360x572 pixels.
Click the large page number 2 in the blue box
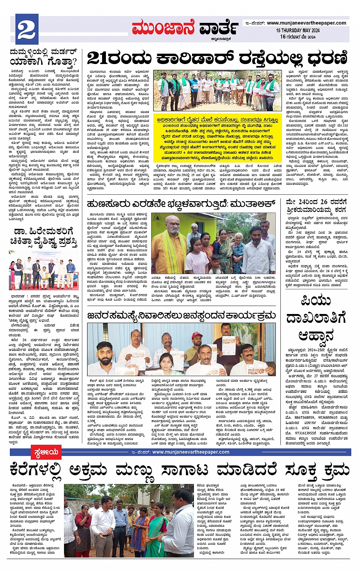pos(26,30)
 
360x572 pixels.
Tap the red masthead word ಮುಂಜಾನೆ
pos(163,28)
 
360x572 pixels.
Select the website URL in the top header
pos(306,23)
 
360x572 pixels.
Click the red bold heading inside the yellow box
pos(218,120)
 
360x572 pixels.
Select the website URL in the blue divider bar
pos(190,452)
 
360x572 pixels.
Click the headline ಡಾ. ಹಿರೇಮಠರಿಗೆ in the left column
pos(43,232)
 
